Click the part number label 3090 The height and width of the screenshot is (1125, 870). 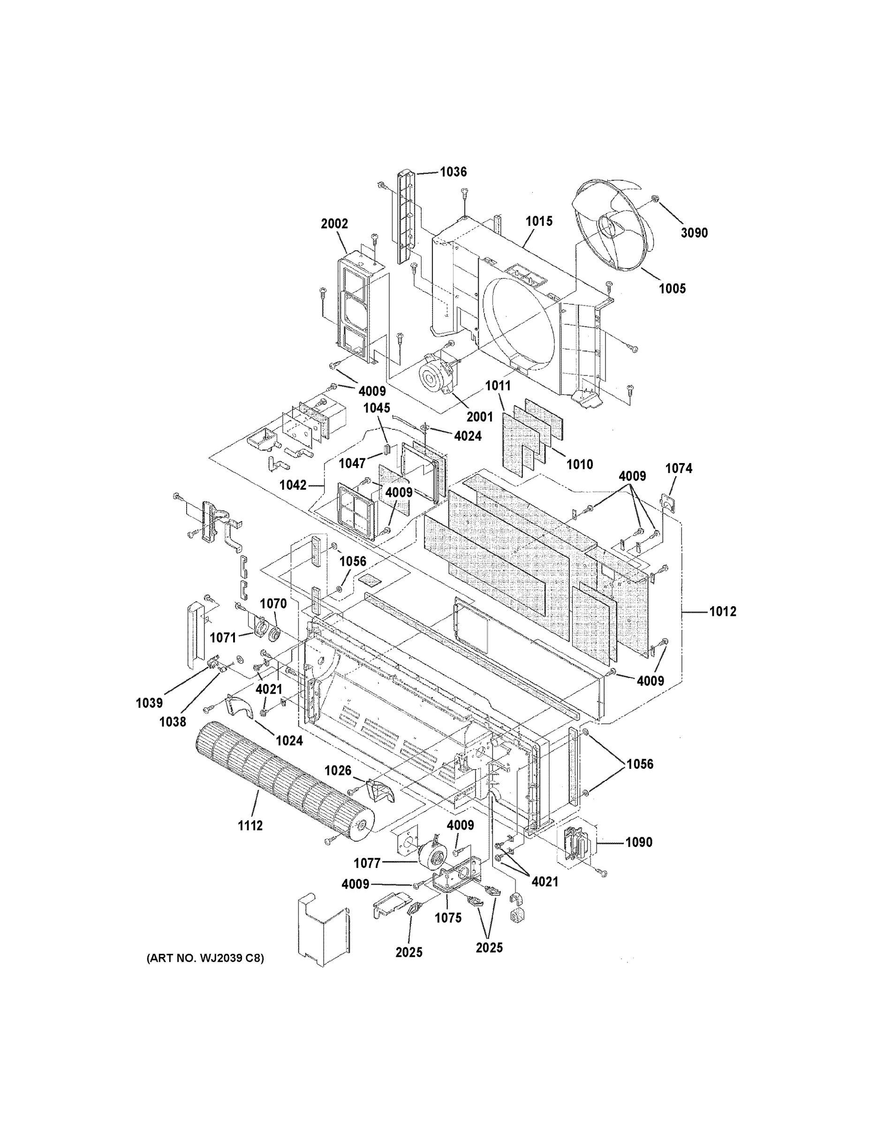pyautogui.click(x=694, y=233)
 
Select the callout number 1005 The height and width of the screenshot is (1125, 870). pyautogui.click(x=672, y=288)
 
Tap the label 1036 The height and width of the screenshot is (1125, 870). pyautogui.click(x=453, y=172)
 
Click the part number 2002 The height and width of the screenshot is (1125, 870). pyautogui.click(x=334, y=224)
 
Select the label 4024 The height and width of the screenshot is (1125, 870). pyautogui.click(x=468, y=436)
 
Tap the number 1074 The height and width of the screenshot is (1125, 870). pyautogui.click(x=678, y=468)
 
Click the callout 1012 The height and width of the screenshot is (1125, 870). pyautogui.click(x=723, y=611)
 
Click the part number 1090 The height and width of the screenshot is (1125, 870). pyautogui.click(x=639, y=842)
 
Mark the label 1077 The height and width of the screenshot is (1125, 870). pyautogui.click(x=367, y=863)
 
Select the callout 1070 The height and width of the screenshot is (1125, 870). pyautogui.click(x=272, y=603)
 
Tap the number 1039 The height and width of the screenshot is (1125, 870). pyautogui.click(x=150, y=703)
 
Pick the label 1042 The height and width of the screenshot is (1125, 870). pyautogui.click(x=293, y=485)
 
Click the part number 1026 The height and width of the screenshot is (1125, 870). pyautogui.click(x=338, y=785)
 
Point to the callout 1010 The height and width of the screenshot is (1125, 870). pyautogui.click(x=579, y=464)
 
